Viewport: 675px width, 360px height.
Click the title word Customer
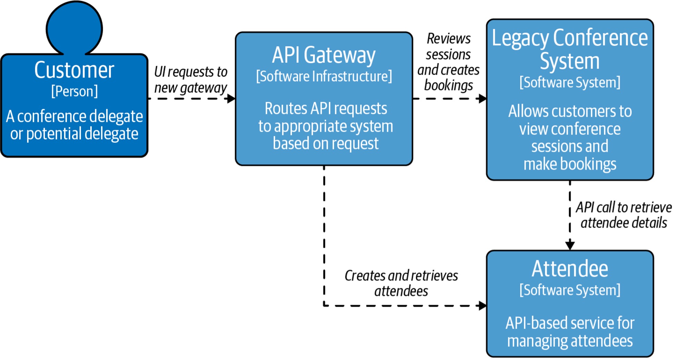pyautogui.click(x=74, y=70)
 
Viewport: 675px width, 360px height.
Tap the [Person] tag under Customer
pyautogui.click(x=74, y=91)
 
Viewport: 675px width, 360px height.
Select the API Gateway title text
pyautogui.click(x=324, y=55)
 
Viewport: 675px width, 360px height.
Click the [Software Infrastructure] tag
pyautogui.click(x=324, y=76)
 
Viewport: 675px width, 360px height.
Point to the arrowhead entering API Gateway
pyautogui.click(x=231, y=99)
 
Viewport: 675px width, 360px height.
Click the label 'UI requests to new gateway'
pyautogui.click(x=191, y=80)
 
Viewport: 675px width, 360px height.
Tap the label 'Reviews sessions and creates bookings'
pyautogui.click(x=449, y=62)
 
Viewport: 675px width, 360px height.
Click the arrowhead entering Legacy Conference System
pyautogui.click(x=482, y=99)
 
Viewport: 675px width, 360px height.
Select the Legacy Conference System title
pyautogui.click(x=570, y=49)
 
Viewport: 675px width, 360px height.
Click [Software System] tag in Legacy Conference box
pyautogui.click(x=570, y=83)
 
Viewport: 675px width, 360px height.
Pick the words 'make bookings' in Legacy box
pyautogui.click(x=570, y=164)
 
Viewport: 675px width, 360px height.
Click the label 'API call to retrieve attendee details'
pyautogui.click(x=624, y=215)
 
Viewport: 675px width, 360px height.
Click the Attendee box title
pyautogui.click(x=570, y=269)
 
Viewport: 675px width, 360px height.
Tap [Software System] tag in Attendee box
pyautogui.click(x=570, y=290)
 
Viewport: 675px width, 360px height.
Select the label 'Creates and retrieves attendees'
pyautogui.click(x=401, y=283)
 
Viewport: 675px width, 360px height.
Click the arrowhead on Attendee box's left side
pyautogui.click(x=482, y=306)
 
